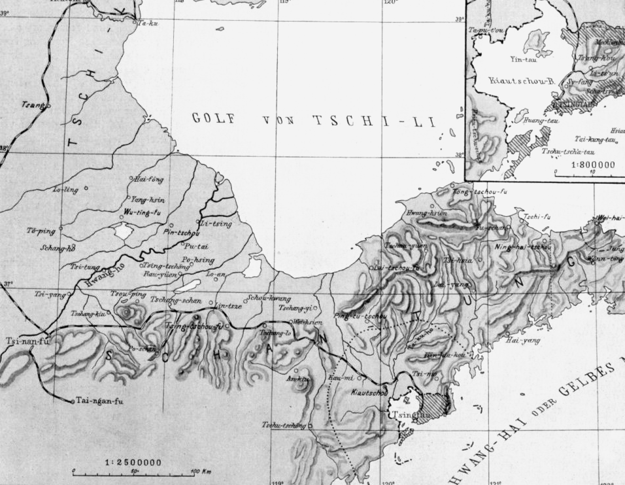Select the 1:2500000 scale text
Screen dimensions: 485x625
[133, 462]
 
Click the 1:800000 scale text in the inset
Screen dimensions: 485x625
[593, 165]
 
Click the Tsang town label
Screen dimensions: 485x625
[30, 105]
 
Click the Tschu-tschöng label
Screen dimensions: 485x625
[284, 426]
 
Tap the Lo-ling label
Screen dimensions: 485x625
[66, 190]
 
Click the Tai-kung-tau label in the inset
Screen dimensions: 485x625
[596, 139]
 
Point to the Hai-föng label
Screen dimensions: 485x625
[148, 178]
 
